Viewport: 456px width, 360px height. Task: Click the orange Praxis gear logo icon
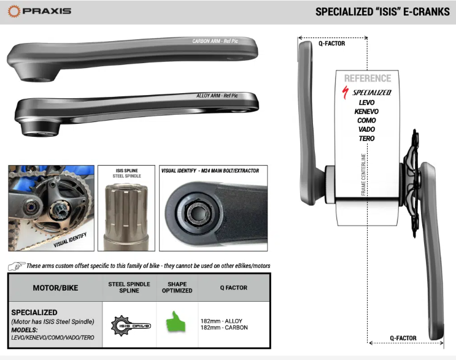14,11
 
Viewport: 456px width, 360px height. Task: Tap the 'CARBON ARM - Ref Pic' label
215,41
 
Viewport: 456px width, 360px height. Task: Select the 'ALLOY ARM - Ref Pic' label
217,96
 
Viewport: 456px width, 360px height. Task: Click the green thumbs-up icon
176,321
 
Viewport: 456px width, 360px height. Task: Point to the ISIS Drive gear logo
131,326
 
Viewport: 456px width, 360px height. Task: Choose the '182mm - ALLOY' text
222,321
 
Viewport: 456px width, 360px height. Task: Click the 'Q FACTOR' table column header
234,288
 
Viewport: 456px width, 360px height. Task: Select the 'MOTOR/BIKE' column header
55,288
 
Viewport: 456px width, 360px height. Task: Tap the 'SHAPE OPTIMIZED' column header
177,288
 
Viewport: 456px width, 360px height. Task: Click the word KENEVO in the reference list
366,112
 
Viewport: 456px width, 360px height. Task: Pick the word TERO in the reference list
366,139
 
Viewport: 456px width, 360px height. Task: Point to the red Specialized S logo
345,93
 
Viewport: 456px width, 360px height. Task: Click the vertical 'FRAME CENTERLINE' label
363,174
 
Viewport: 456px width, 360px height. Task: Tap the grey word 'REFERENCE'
368,78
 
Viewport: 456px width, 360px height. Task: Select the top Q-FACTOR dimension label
332,44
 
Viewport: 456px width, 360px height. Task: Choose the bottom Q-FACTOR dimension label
403,338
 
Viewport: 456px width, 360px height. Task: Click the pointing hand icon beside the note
17,266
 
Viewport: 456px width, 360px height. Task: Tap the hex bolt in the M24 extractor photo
198,213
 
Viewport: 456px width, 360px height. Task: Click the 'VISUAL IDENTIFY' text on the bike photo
70,240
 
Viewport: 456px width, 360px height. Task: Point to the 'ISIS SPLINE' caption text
127,170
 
